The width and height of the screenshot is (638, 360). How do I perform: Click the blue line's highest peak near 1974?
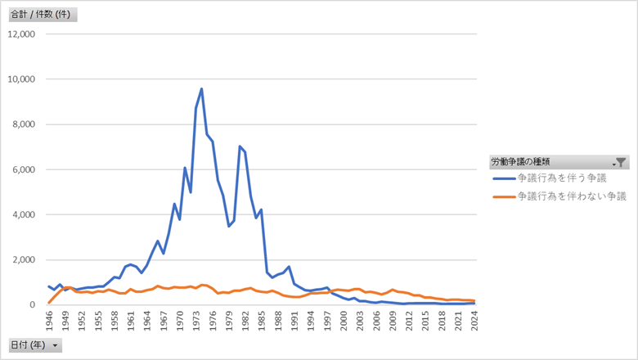(201, 88)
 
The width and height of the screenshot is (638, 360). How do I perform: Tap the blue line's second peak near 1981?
(240, 146)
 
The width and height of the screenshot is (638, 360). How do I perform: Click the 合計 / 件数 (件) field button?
(42, 15)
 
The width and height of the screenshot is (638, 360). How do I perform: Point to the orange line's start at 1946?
(49, 303)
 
